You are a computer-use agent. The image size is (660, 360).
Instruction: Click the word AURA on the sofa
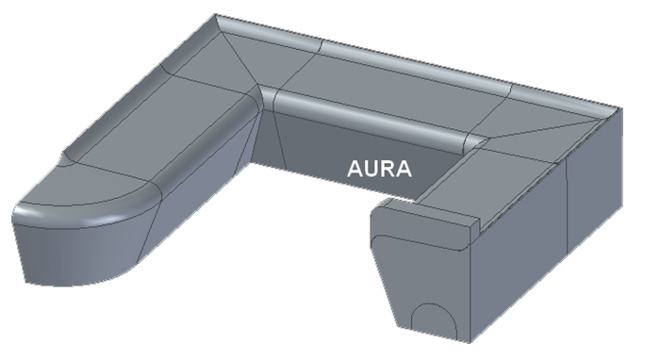379,169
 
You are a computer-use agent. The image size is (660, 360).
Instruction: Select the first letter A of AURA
355,169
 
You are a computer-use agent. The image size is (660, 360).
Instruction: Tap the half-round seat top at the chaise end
84,185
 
